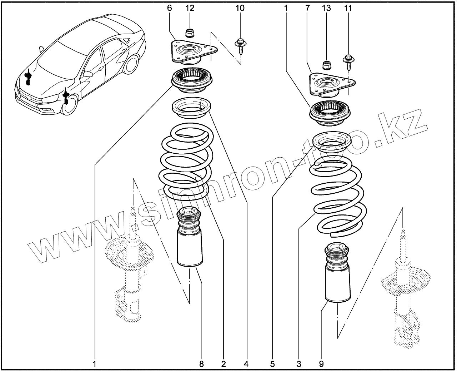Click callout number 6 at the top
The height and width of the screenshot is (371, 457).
click(170, 8)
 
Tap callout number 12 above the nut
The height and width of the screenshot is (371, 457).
click(190, 8)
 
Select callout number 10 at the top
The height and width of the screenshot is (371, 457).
click(240, 8)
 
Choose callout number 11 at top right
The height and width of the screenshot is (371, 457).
click(348, 8)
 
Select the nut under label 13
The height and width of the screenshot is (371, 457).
click(327, 65)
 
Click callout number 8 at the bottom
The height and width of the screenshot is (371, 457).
click(201, 364)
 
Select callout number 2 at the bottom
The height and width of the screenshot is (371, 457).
click(224, 364)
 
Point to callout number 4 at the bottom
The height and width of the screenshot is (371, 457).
click(246, 364)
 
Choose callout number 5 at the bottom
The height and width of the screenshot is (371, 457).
click(272, 364)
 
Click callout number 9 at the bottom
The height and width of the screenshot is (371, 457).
click(321, 364)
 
